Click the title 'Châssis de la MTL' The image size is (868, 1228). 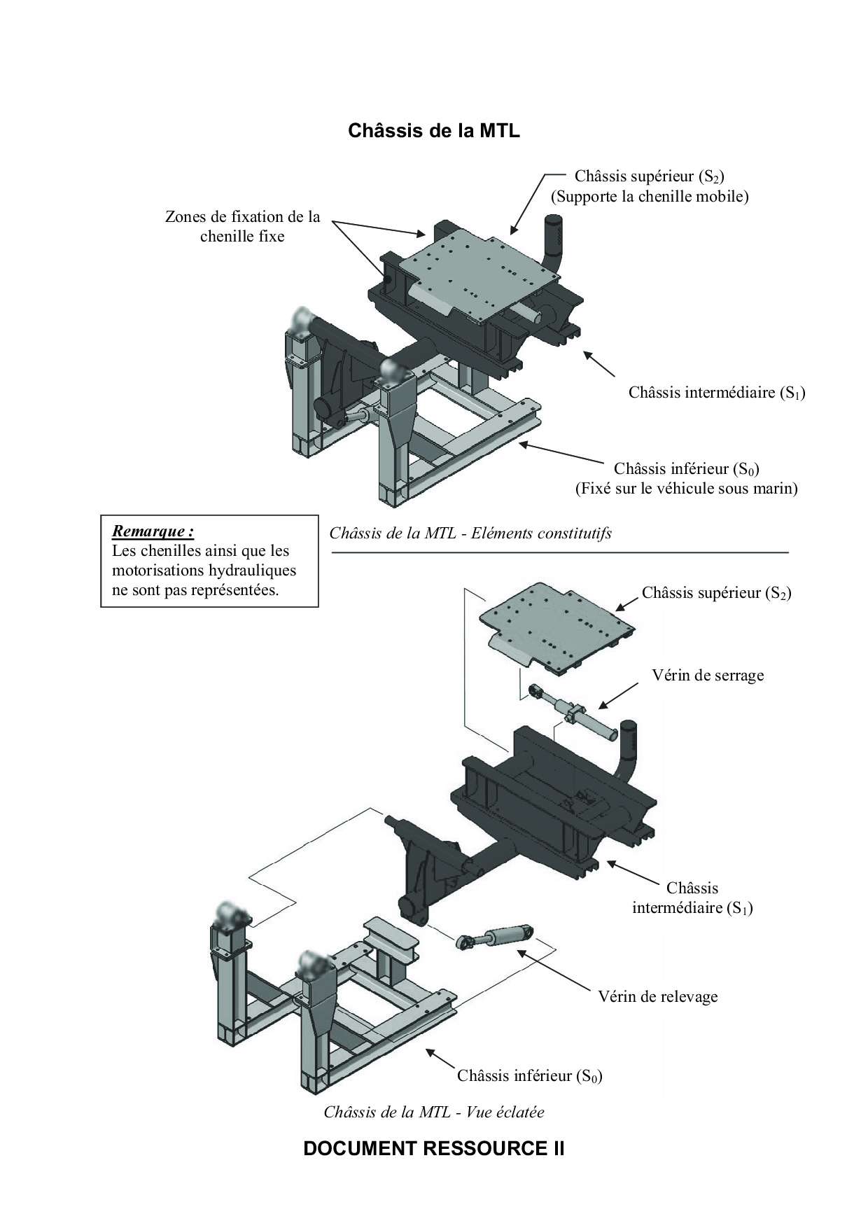[434, 131]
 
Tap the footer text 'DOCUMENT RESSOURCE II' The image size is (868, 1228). [434, 1149]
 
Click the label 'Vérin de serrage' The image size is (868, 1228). [708, 676]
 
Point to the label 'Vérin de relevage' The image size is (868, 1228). [658, 996]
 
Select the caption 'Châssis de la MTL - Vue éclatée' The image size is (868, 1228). [434, 1112]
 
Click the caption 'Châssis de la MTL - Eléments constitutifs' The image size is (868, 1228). [470, 533]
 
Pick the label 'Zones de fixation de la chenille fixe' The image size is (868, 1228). [242, 227]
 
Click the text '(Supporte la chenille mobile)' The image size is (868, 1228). [650, 196]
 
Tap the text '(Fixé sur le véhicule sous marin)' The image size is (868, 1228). [686, 488]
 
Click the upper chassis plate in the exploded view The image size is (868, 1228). [558, 629]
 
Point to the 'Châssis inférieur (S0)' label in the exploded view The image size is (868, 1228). [530, 1075]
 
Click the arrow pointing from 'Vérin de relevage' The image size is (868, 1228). [554, 970]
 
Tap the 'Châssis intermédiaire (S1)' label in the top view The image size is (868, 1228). [717, 392]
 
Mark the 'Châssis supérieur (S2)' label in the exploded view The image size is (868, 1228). [717, 593]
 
